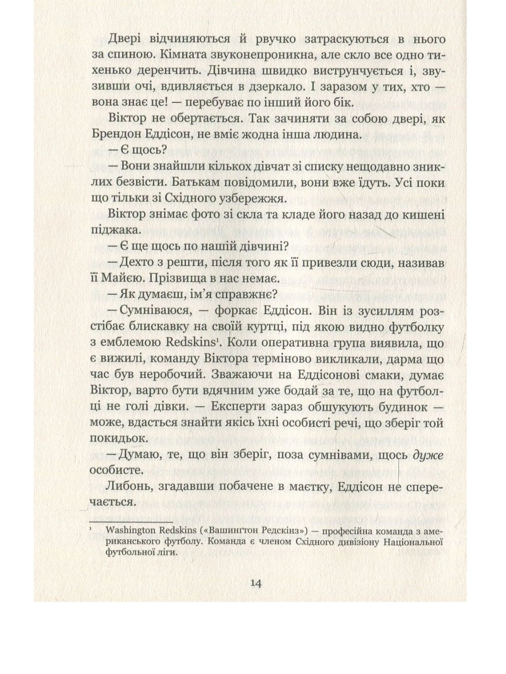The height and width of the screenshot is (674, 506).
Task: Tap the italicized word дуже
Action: (x=427, y=454)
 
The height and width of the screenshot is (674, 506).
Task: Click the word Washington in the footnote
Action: (x=130, y=532)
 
